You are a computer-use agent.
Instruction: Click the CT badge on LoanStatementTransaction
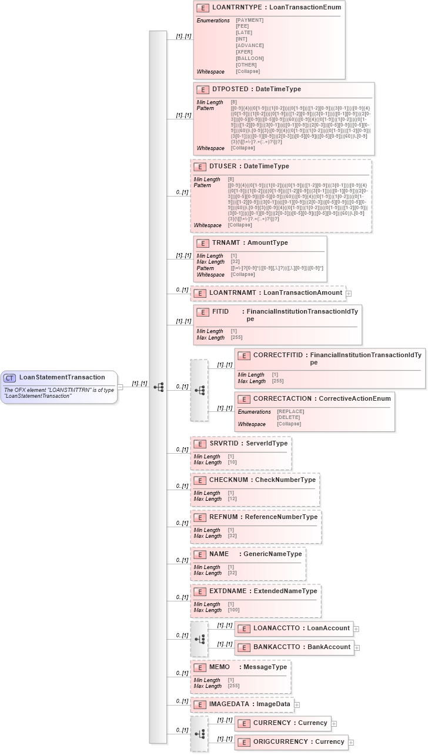9,377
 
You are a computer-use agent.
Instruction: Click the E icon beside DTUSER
199,167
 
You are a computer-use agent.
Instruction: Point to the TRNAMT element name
225,242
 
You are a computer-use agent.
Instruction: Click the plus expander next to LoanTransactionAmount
349,293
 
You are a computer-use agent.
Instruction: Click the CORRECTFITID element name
277,355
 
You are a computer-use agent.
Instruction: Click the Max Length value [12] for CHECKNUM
232,499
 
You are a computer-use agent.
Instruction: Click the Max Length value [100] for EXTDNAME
234,610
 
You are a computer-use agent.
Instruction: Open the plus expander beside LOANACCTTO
356,629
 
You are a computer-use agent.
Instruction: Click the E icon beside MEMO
199,667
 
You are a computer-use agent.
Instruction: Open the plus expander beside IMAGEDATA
297,704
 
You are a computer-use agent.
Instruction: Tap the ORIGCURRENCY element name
280,742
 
